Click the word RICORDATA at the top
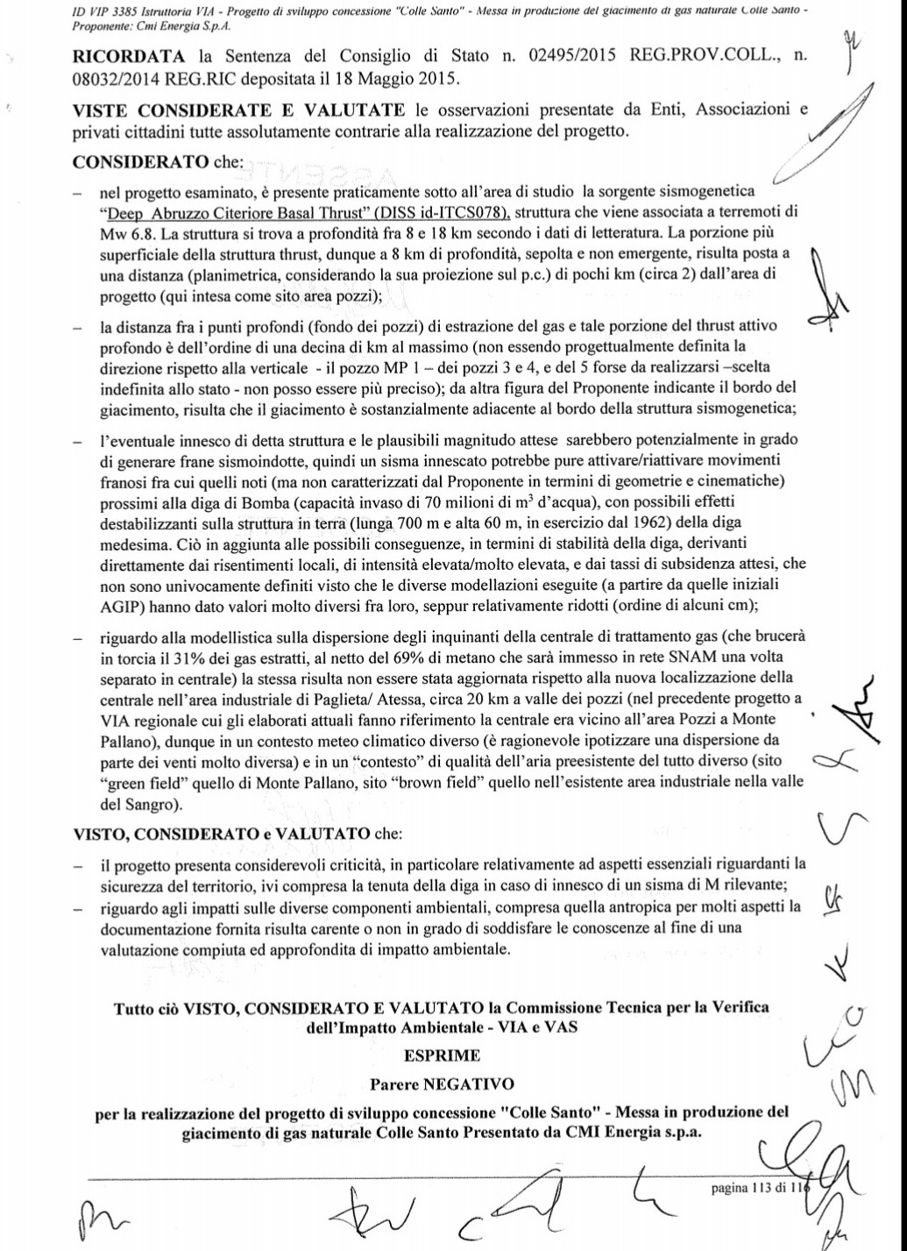127,57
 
